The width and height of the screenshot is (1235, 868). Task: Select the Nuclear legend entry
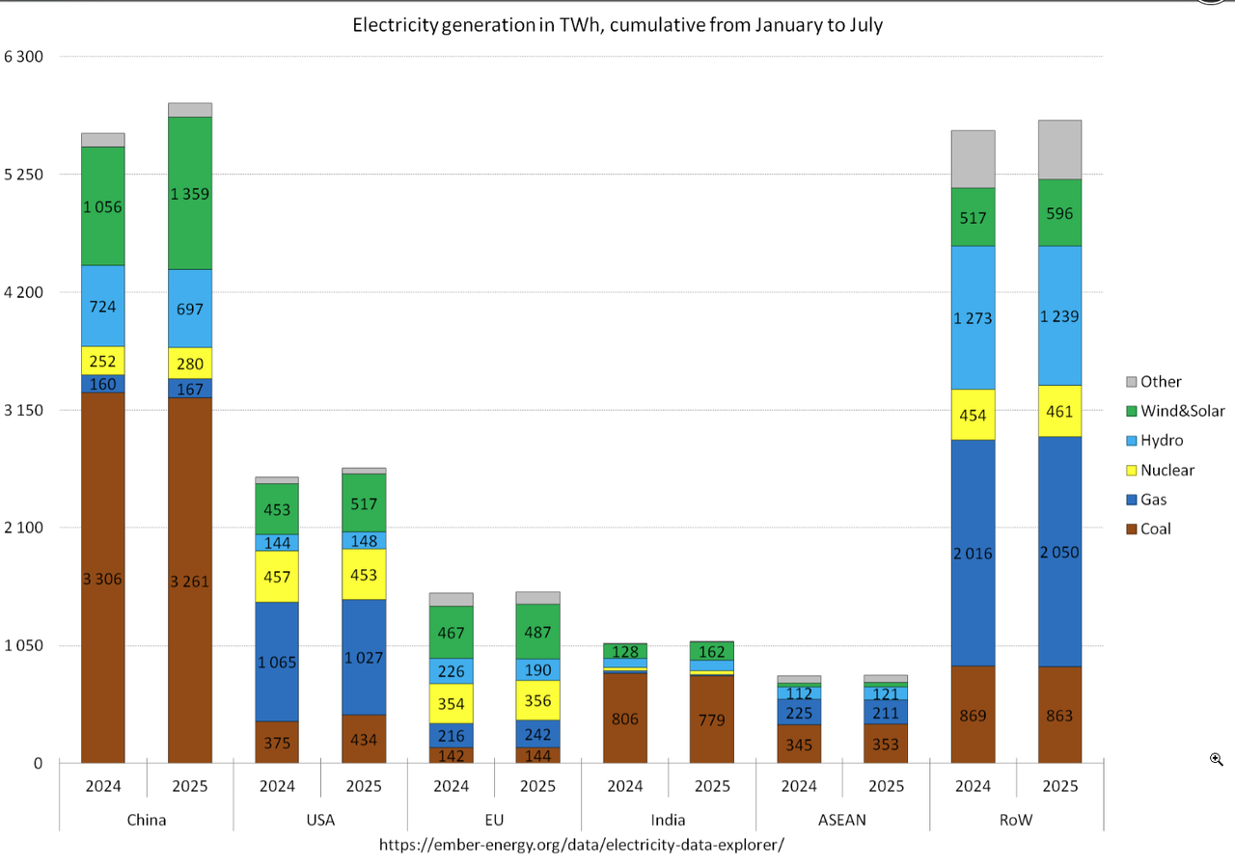pyautogui.click(x=1166, y=470)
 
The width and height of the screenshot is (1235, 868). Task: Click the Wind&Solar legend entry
pyautogui.click(x=1182, y=411)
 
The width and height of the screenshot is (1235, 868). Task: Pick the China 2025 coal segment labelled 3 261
pyautogui.click(x=190, y=582)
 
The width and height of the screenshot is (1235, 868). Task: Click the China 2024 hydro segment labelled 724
pyautogui.click(x=103, y=306)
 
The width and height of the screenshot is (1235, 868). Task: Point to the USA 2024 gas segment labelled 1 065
pyautogui.click(x=277, y=662)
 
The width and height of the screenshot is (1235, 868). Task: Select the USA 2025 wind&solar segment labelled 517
pyautogui.click(x=364, y=502)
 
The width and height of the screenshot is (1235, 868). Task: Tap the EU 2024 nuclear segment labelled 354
pyautogui.click(x=451, y=703)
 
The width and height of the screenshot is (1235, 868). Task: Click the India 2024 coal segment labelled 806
pyautogui.click(x=624, y=719)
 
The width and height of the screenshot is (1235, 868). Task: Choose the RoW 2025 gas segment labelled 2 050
pyautogui.click(x=1059, y=552)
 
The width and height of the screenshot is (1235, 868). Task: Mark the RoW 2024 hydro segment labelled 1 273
pyautogui.click(x=973, y=317)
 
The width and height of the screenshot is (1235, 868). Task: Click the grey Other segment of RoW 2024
pyautogui.click(x=973, y=159)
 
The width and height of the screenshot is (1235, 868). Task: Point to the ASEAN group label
pyautogui.click(x=842, y=820)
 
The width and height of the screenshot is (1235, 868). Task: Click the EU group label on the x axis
pyautogui.click(x=494, y=820)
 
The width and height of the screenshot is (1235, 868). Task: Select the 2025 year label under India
pyautogui.click(x=712, y=786)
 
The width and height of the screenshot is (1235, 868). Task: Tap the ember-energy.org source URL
pyautogui.click(x=582, y=844)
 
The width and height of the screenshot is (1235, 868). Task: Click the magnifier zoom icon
pyautogui.click(x=1217, y=760)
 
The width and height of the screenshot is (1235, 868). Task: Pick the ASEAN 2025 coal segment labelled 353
pyautogui.click(x=886, y=744)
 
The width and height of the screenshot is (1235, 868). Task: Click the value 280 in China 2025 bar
pyautogui.click(x=190, y=363)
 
